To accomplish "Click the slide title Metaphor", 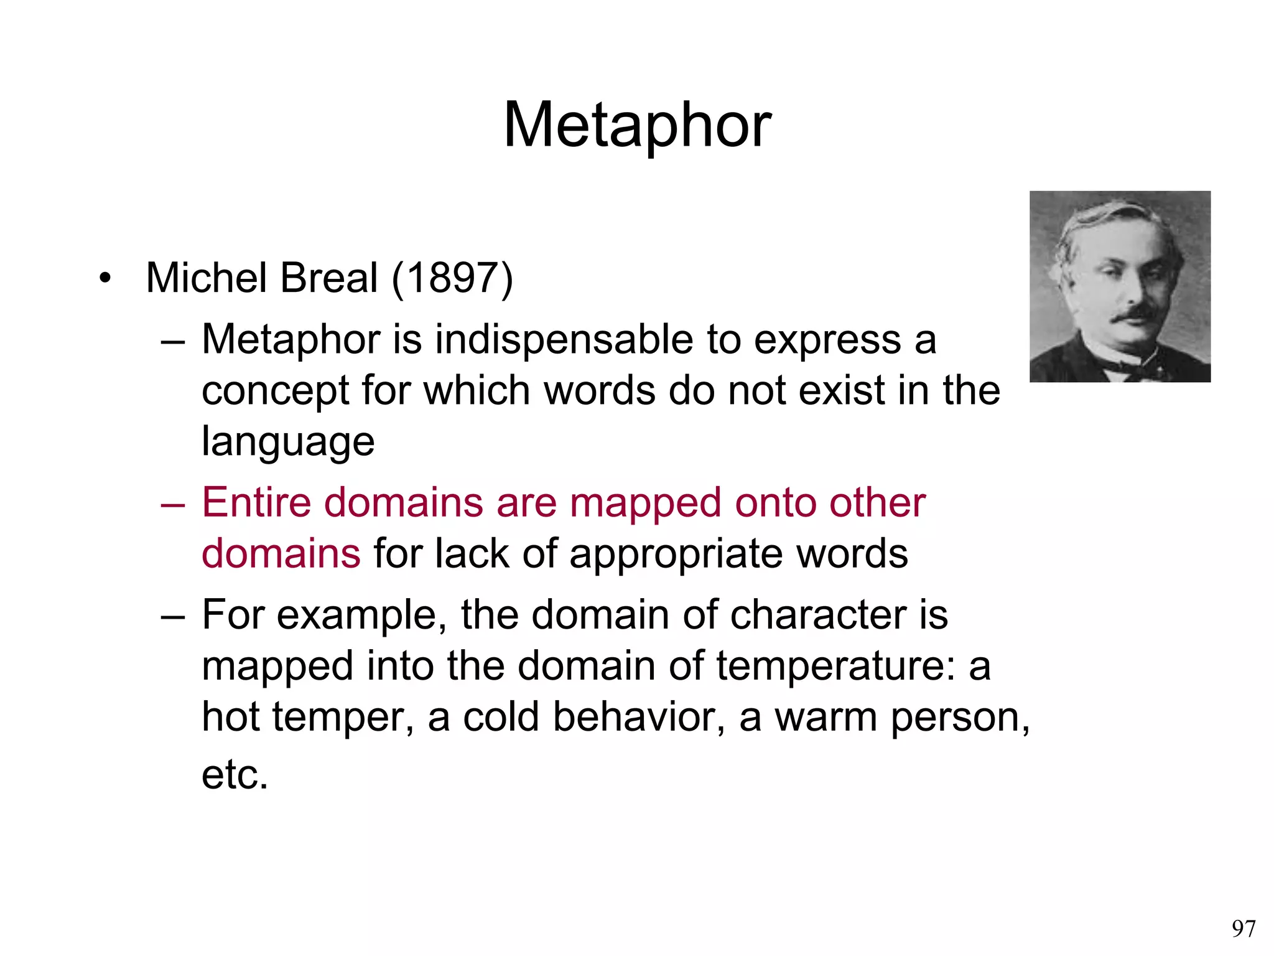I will pyautogui.click(x=637, y=126).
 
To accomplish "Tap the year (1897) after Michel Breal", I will pyautogui.click(x=452, y=278).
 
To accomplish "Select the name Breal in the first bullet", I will pyautogui.click(x=329, y=278).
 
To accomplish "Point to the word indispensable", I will pyautogui.click(x=563, y=340).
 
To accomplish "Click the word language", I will pyautogui.click(x=288, y=442).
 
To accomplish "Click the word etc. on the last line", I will pyautogui.click(x=235, y=775).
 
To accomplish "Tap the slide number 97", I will pyautogui.click(x=1244, y=929).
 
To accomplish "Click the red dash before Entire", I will pyautogui.click(x=173, y=504).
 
